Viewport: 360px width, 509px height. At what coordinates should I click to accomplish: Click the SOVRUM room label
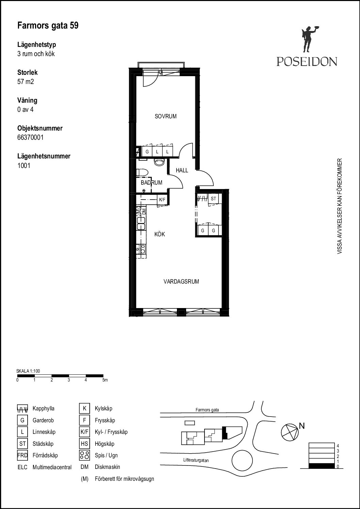166,116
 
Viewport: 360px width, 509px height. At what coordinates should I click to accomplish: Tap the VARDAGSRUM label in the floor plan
181,282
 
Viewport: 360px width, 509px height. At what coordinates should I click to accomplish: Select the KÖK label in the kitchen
160,234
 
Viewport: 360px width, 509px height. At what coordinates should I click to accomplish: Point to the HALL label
182,170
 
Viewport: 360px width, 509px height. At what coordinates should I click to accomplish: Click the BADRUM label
151,183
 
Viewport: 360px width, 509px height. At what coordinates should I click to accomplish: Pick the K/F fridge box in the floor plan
162,200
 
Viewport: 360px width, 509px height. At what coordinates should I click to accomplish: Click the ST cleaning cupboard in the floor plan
213,199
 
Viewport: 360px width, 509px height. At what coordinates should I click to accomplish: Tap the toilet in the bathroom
142,172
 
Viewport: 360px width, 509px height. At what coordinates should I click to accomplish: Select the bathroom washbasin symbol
159,163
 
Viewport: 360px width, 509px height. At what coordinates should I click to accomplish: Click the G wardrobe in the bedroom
147,152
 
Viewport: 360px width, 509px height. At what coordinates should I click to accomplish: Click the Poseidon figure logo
309,39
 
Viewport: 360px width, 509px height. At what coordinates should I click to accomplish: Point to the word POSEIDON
307,62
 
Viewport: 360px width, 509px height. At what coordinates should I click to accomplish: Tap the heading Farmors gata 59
48,26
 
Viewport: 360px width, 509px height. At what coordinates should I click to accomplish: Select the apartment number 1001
24,166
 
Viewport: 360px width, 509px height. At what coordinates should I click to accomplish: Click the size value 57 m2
26,82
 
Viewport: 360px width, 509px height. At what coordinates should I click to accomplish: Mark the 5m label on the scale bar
105,380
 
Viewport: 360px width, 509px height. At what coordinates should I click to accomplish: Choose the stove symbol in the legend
84,455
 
